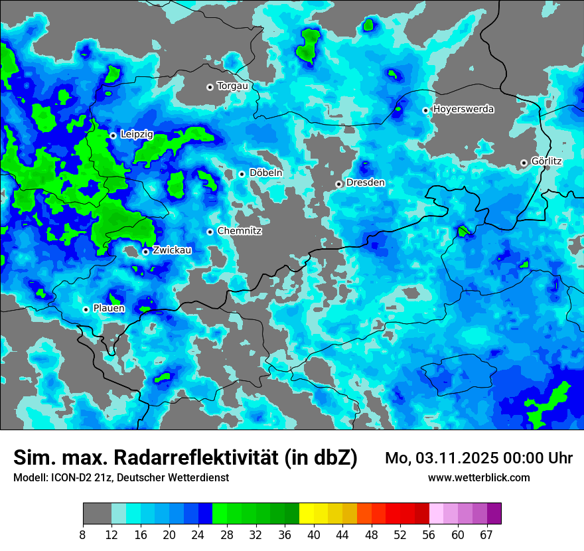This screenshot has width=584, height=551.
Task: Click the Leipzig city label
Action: [137, 134]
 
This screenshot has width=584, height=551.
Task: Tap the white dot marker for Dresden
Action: [338, 184]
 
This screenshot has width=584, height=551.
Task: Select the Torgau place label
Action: [232, 86]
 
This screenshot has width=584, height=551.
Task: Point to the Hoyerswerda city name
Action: [463, 109]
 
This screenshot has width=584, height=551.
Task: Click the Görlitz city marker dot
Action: [524, 163]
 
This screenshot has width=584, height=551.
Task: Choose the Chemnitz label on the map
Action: [240, 231]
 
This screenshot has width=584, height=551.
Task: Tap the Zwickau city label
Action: [172, 250]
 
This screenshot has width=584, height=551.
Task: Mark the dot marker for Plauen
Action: [86, 309]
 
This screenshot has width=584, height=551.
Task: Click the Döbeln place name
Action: [266, 173]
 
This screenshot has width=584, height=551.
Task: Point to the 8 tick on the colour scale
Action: [83, 534]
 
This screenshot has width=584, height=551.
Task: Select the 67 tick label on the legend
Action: [486, 534]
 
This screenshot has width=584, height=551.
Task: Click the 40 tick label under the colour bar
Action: [314, 534]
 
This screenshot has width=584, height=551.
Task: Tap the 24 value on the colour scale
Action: [198, 534]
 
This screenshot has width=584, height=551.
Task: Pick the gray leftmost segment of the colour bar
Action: [97, 514]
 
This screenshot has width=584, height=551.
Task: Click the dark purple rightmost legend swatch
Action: [494, 514]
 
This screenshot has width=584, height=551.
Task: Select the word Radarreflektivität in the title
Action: [198, 457]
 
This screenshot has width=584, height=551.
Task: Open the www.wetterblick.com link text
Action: [478, 477]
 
